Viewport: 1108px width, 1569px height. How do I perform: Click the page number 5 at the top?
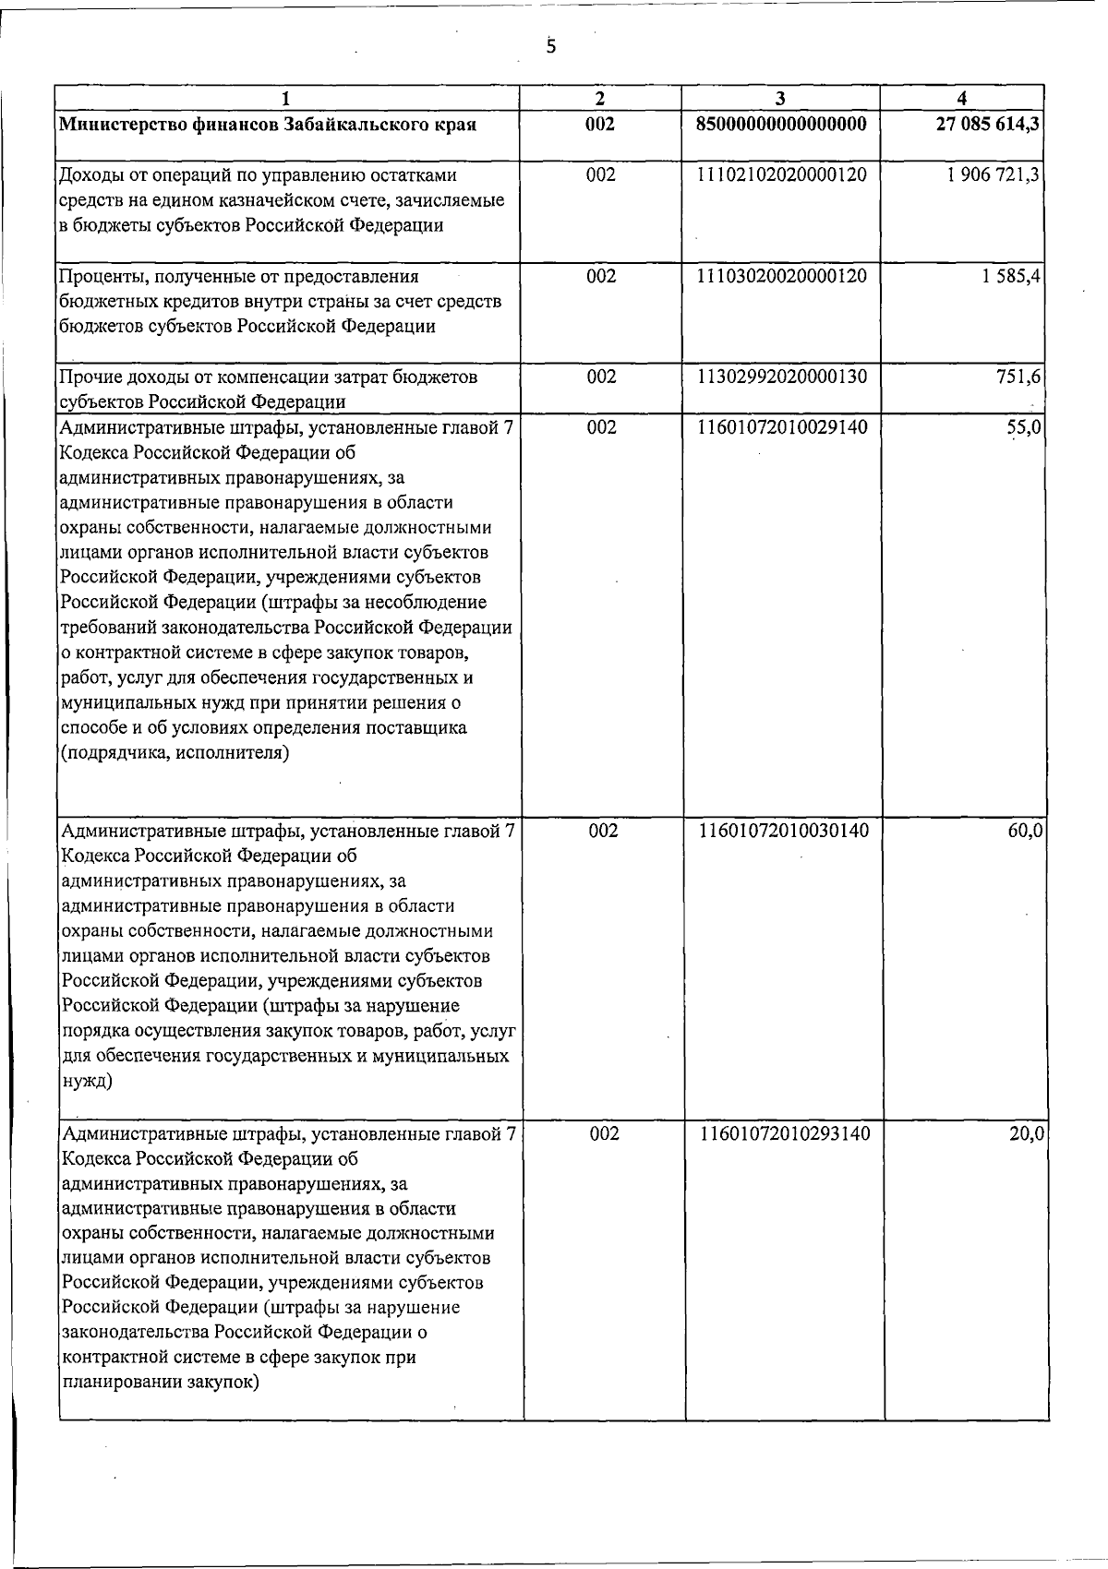tap(551, 46)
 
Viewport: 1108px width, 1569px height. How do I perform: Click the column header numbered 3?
tap(781, 98)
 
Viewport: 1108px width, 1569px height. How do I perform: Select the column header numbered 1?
tap(286, 98)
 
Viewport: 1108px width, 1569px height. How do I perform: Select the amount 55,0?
tap(1025, 427)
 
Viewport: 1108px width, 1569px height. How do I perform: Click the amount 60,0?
tap(1025, 831)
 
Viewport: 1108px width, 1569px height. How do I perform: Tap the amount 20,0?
tap(1026, 1133)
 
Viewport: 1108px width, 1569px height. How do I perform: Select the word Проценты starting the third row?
tap(99, 277)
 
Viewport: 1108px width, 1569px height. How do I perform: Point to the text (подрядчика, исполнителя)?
tap(175, 753)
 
